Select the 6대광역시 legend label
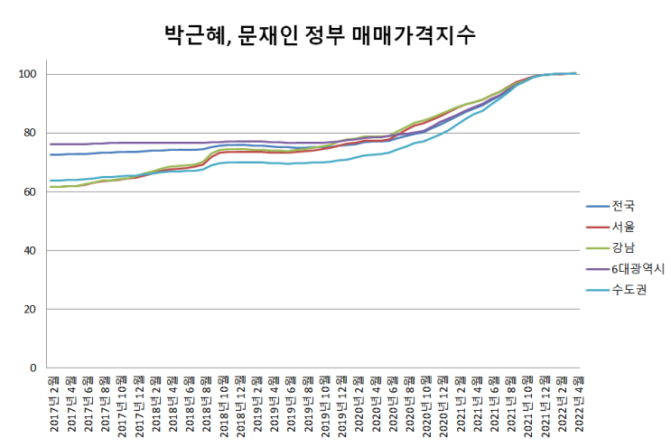(638, 268)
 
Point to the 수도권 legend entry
(629, 289)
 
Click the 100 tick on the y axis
(26, 74)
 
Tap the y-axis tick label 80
(29, 133)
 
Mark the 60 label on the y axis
(29, 191)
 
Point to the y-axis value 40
(29, 250)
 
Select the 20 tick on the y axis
(29, 310)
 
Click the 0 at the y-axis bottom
(33, 368)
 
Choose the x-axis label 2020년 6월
(393, 405)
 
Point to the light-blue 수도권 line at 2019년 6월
(291, 163)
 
